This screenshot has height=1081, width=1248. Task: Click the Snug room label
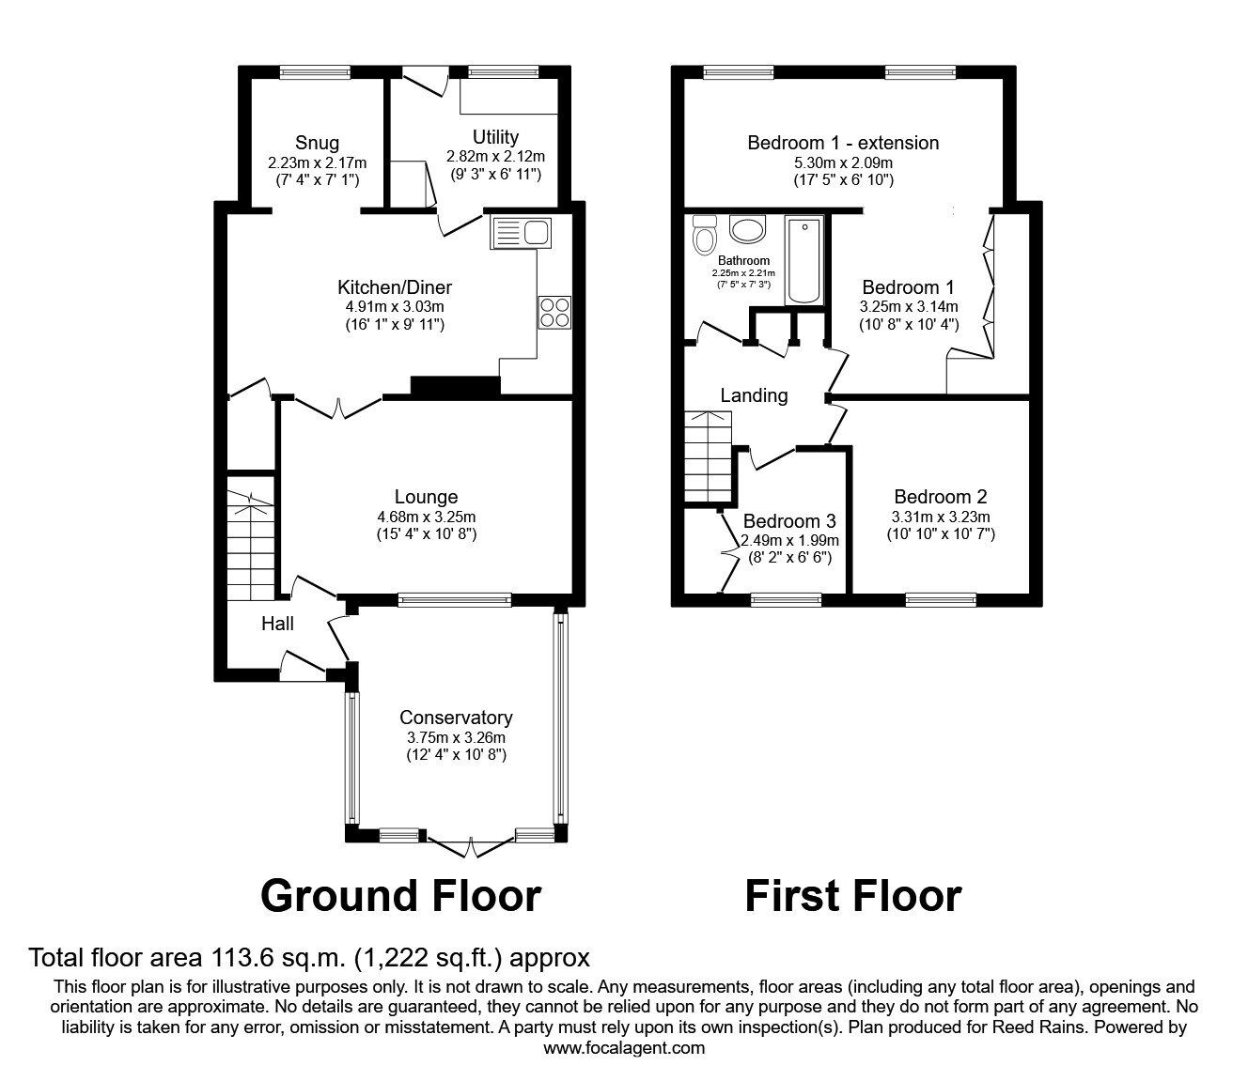click(317, 143)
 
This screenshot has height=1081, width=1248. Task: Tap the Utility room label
click(495, 137)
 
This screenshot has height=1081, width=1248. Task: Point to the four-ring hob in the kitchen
click(554, 311)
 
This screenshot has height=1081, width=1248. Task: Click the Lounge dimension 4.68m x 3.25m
click(426, 517)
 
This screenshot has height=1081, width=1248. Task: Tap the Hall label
click(277, 624)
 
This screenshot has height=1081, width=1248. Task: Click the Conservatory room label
click(456, 718)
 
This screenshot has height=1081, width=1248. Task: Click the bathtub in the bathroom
click(803, 261)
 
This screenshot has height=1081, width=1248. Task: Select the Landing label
click(754, 395)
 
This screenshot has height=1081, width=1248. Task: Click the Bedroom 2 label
click(941, 497)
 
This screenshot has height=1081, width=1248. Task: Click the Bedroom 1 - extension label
click(843, 143)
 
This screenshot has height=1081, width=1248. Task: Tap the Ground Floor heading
click(400, 896)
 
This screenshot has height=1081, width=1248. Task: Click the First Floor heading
click(852, 896)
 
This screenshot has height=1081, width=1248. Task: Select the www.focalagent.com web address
click(624, 1047)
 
